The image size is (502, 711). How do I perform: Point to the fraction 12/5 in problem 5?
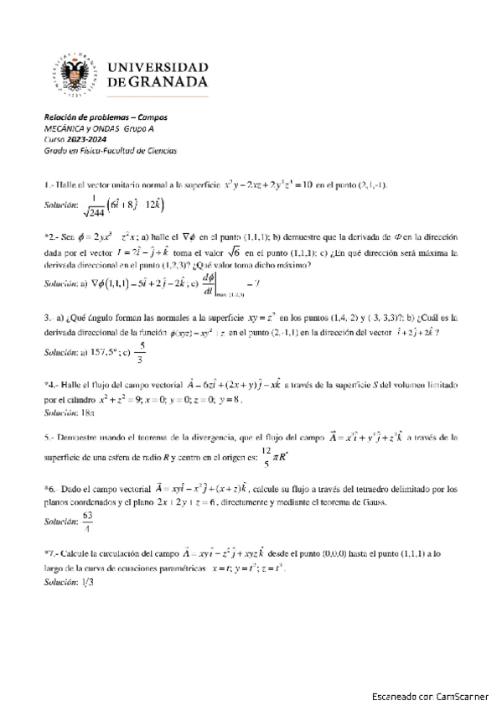(x=267, y=455)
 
